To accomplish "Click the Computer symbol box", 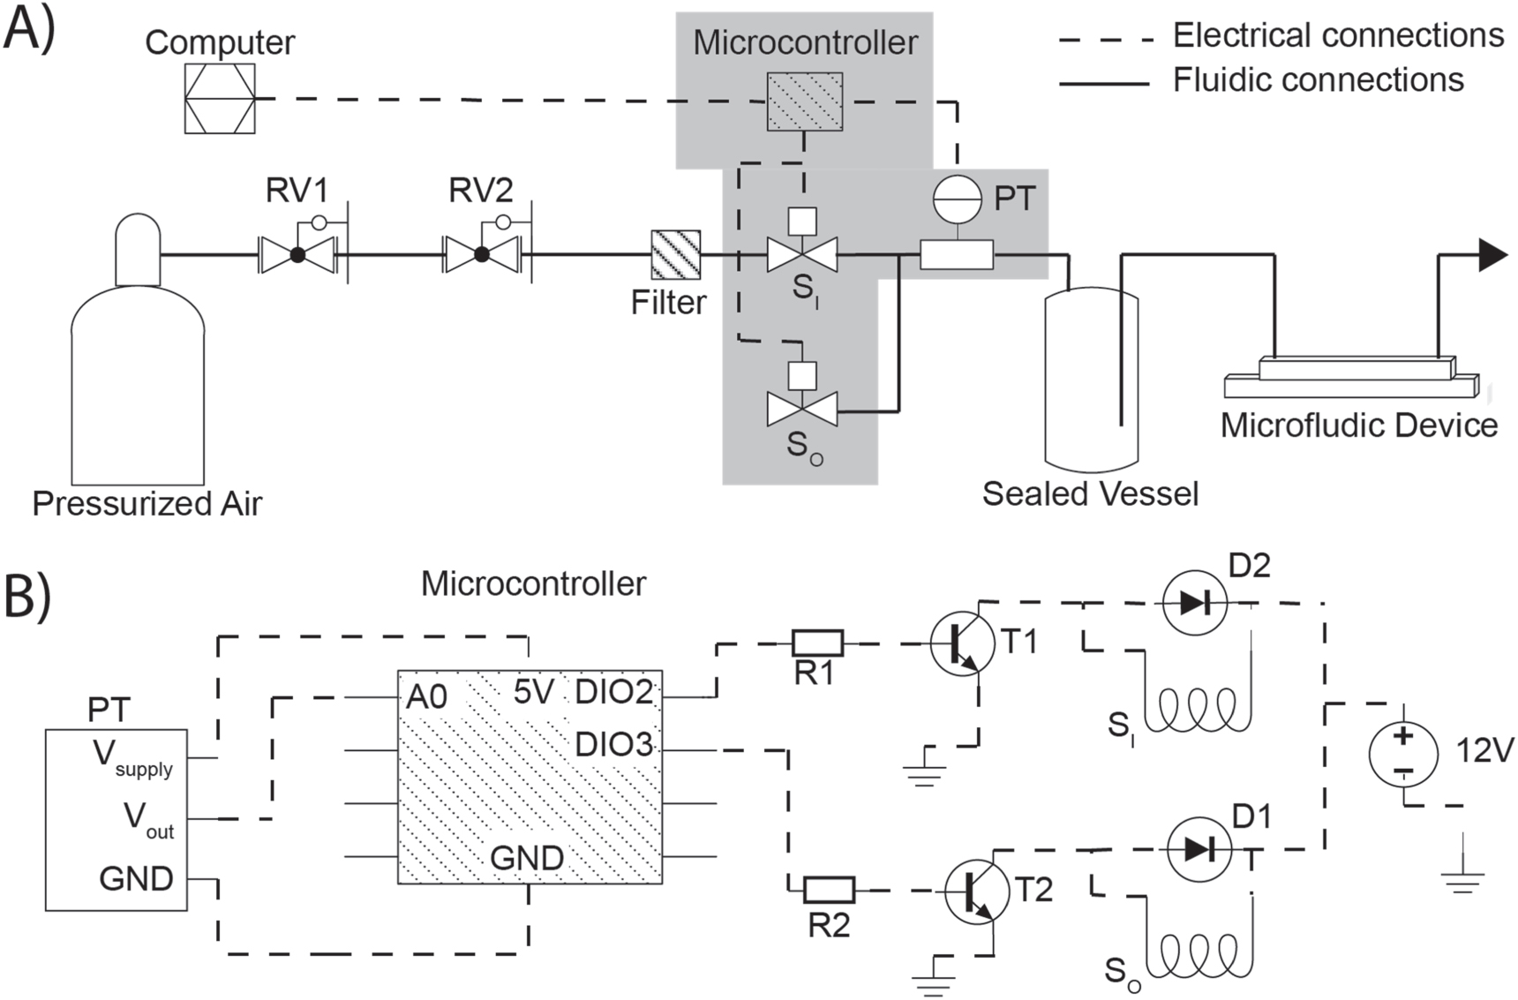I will [220, 98].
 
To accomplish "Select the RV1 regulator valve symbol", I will [297, 254].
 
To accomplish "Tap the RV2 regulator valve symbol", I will [481, 254].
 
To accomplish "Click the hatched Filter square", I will [675, 254].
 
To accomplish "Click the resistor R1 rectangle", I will [817, 643].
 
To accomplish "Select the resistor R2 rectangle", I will [829, 890].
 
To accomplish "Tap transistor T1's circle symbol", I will [962, 643].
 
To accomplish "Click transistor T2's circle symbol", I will [976, 891].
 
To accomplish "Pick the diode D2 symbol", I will [1194, 603].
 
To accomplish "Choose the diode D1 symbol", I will [1199, 849].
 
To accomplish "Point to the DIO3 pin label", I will [613, 745].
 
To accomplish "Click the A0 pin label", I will [426, 697].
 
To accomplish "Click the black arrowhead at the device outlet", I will [1492, 254].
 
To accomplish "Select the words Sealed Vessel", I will [1090, 493].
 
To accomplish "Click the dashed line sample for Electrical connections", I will [1105, 39].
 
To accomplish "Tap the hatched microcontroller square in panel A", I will [803, 102].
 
